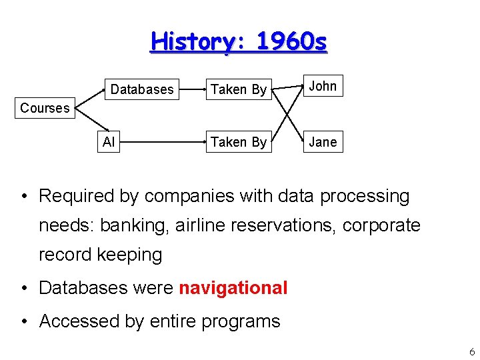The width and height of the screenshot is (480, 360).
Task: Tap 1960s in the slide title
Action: point(291,41)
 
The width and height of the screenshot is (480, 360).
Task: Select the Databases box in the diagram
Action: point(142,89)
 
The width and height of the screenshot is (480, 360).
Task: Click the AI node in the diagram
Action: point(108,141)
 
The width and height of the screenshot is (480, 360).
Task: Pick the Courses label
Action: point(45,108)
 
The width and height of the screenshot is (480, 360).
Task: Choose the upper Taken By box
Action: point(239,89)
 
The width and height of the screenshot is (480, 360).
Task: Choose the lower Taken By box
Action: point(239,141)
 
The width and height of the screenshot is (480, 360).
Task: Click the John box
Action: point(323,86)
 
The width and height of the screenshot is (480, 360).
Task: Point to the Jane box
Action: point(323,141)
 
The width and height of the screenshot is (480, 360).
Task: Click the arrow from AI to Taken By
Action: point(160,142)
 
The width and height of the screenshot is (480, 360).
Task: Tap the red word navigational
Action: point(233,288)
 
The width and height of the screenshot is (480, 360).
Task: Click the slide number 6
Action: point(472,351)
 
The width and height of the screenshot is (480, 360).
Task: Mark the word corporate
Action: point(381,225)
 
